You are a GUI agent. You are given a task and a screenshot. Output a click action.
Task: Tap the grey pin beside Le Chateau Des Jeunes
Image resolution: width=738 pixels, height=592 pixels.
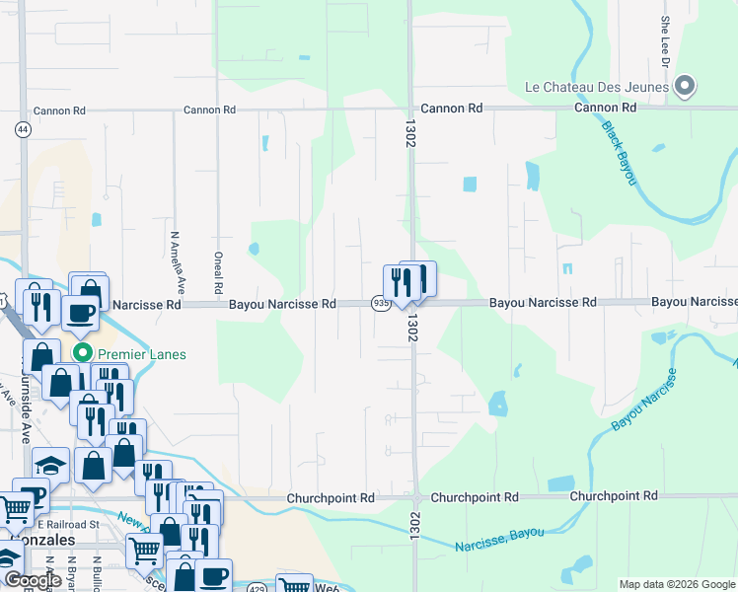point(686,87)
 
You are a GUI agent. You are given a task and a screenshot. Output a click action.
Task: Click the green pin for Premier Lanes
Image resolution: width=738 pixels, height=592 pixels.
point(83,353)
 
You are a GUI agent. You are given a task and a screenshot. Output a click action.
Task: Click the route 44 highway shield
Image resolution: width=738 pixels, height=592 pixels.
point(22,128)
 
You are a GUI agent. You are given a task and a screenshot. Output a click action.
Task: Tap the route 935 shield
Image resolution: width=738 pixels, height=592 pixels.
point(381,304)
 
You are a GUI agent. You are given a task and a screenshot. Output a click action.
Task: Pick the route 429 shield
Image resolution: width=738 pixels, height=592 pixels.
point(256,586)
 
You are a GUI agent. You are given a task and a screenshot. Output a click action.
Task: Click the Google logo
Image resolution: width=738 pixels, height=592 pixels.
point(33,580)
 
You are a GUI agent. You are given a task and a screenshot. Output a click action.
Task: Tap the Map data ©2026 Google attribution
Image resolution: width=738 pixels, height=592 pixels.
point(677,584)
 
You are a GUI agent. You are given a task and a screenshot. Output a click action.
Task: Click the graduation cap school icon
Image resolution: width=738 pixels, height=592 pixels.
point(50,464)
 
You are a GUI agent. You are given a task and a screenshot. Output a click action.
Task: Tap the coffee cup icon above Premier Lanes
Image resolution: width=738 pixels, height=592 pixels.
point(80,312)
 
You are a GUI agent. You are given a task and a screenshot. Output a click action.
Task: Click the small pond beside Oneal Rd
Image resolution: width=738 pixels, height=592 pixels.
point(254,249)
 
